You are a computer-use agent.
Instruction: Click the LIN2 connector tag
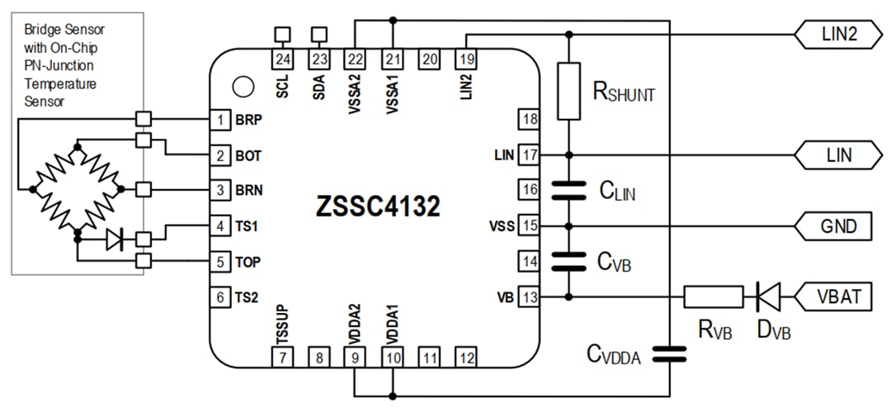coord(832,34)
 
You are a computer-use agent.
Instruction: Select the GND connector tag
coord(832,225)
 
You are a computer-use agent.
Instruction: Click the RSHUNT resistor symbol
coord(568,90)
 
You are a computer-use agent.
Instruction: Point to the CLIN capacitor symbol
coord(568,190)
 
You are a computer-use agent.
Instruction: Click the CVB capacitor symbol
coord(568,260)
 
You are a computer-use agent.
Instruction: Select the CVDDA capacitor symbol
coord(668,354)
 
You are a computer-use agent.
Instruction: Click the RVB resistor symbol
coord(713,296)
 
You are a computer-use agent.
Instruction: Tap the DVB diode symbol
coord(768,296)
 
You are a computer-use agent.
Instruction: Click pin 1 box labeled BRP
coord(219,120)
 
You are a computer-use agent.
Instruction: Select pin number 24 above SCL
coord(283,59)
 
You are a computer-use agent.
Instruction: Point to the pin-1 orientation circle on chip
coord(242,86)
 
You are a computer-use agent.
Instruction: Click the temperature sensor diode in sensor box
coord(115,240)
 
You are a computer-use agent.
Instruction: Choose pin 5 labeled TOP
coord(219,260)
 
